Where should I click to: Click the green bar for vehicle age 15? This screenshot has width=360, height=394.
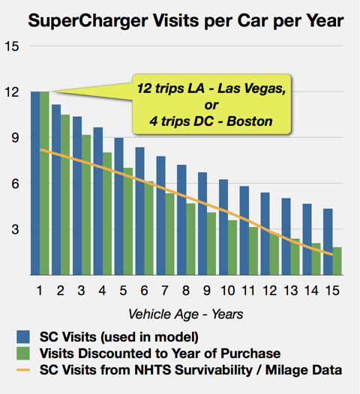coord(337,261)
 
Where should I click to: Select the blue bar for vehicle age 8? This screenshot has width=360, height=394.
coord(181,220)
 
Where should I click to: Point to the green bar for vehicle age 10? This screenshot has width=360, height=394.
coord(232,248)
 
